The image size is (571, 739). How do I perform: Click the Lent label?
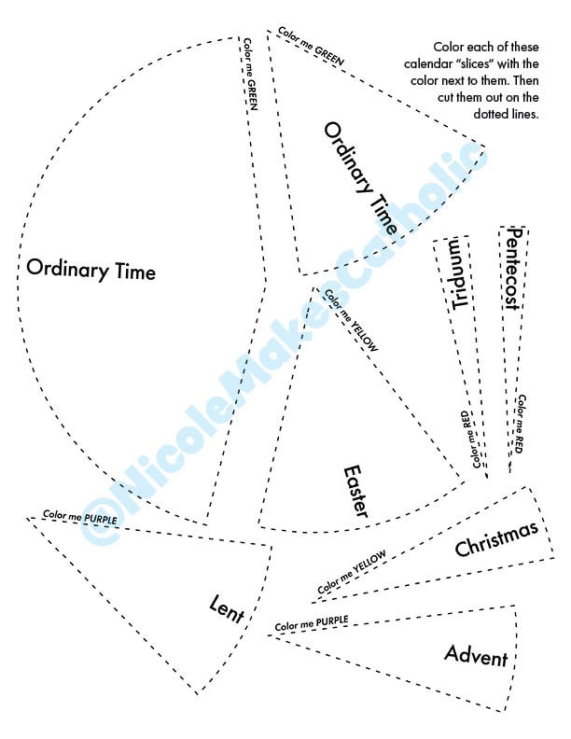click(227, 610)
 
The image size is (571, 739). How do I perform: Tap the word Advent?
click(476, 656)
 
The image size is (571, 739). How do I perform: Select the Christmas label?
click(496, 538)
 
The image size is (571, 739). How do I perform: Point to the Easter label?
click(355, 492)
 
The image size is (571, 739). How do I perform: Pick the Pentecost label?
click(511, 269)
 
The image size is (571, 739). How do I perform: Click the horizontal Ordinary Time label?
click(91, 270)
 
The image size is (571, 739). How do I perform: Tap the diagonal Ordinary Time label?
click(361, 178)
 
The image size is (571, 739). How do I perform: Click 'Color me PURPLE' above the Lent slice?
click(80, 517)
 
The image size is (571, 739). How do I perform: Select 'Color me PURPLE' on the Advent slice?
click(312, 623)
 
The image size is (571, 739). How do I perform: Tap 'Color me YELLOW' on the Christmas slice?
click(352, 572)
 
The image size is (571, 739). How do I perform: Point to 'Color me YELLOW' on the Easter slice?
click(351, 320)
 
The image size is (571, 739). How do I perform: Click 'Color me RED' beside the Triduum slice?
click(470, 439)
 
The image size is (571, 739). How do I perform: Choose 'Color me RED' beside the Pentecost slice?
click(520, 424)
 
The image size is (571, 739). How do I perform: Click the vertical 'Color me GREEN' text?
click(250, 74)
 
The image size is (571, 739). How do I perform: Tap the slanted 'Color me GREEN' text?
click(311, 47)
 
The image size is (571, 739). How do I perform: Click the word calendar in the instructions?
click(427, 63)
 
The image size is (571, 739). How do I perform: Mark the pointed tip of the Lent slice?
click(27, 518)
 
